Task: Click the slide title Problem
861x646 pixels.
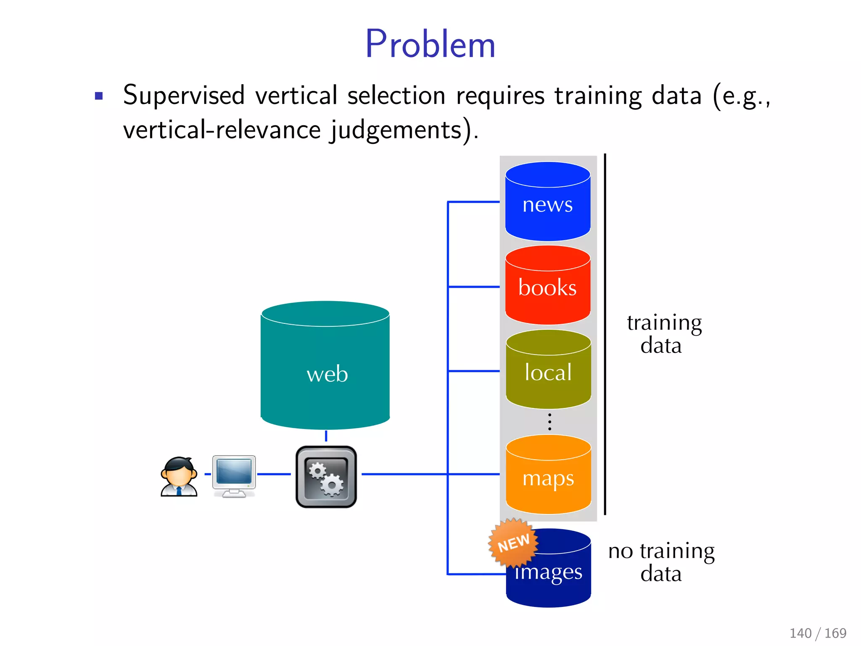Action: pyautogui.click(x=430, y=44)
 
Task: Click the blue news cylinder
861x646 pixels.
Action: pyautogui.click(x=547, y=202)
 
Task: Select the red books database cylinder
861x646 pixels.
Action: pyautogui.click(x=547, y=286)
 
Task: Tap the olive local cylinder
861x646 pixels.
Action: pyautogui.click(x=548, y=370)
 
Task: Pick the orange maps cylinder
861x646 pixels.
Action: pyautogui.click(x=548, y=475)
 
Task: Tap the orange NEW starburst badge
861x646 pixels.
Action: pyautogui.click(x=513, y=543)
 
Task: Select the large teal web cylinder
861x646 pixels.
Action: pyautogui.click(x=325, y=366)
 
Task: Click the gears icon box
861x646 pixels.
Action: pyautogui.click(x=326, y=477)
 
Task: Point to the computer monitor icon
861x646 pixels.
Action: pyautogui.click(x=234, y=475)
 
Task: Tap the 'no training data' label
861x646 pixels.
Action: pyautogui.click(x=661, y=562)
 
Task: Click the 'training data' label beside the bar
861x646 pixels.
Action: pyautogui.click(x=663, y=334)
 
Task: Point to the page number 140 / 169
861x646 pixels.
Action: pyautogui.click(x=818, y=633)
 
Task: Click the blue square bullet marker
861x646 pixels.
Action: pyautogui.click(x=99, y=96)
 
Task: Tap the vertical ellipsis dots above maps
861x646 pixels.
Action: pyautogui.click(x=549, y=422)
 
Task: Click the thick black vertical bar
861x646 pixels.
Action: pyautogui.click(x=605, y=334)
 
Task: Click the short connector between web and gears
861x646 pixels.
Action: pyautogui.click(x=326, y=436)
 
